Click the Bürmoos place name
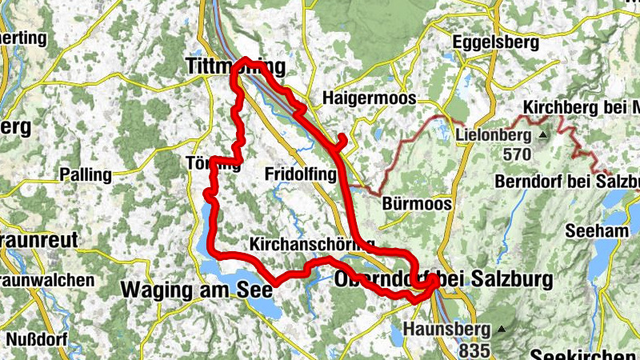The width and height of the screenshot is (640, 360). pos(417,203)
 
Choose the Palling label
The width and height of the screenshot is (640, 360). pos(86,174)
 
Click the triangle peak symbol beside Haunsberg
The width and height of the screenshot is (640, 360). pos(502,329)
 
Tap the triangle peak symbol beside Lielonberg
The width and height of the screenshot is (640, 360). pos(543,134)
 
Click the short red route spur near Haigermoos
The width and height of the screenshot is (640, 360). pos(342,142)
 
